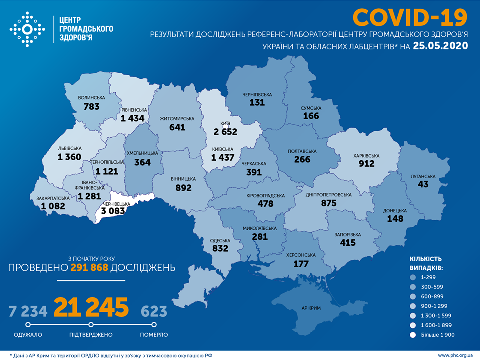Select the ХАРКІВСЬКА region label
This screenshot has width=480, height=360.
click(x=366, y=156)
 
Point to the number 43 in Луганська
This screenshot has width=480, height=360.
click(x=424, y=185)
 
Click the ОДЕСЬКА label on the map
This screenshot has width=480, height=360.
click(x=219, y=240)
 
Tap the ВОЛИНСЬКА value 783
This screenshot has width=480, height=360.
click(x=92, y=106)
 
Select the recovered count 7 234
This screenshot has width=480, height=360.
click(x=28, y=312)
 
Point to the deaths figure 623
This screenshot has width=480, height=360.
click(x=153, y=312)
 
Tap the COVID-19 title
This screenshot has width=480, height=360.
click(x=410, y=18)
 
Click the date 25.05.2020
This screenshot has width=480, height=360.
click(x=440, y=46)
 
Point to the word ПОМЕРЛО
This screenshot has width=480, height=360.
click(x=153, y=335)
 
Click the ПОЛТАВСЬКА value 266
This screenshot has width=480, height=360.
click(x=302, y=159)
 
